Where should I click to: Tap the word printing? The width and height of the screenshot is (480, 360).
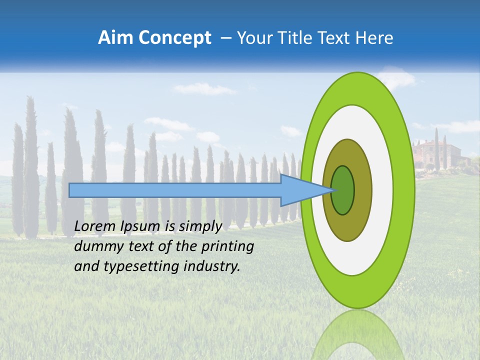[x=226, y=246]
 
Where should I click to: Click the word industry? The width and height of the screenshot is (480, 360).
[x=211, y=266]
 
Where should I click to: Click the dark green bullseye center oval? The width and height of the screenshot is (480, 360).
[x=342, y=190]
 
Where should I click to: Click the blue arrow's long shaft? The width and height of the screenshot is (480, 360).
[x=175, y=190]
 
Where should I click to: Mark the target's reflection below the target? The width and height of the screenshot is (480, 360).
[x=357, y=335]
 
